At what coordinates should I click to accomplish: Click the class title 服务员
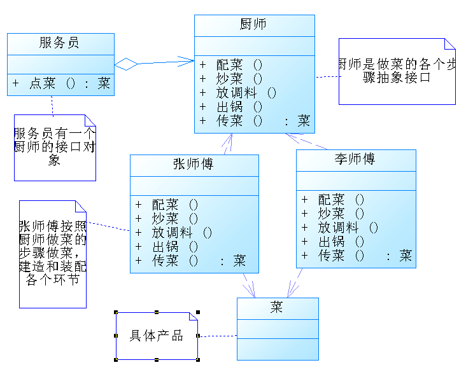tap(59, 43)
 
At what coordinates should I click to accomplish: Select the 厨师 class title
tap(253, 25)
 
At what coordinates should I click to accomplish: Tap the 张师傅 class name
tap(194, 165)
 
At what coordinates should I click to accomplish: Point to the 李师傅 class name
tap(355, 159)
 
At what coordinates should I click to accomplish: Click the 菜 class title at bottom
tap(277, 308)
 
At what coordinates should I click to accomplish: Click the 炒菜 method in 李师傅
tap(332, 214)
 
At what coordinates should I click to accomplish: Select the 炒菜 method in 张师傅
tap(166, 219)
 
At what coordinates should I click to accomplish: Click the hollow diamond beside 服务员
tap(126, 64)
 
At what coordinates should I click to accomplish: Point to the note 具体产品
tap(157, 336)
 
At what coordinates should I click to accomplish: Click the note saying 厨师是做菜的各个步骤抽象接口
tap(396, 71)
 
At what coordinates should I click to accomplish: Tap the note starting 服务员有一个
tap(55, 147)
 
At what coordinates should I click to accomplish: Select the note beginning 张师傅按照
tap(52, 253)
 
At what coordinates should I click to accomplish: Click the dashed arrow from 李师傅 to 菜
tap(295, 282)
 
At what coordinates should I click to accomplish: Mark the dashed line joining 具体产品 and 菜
tap(218, 336)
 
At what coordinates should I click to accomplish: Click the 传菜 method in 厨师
tap(255, 121)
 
